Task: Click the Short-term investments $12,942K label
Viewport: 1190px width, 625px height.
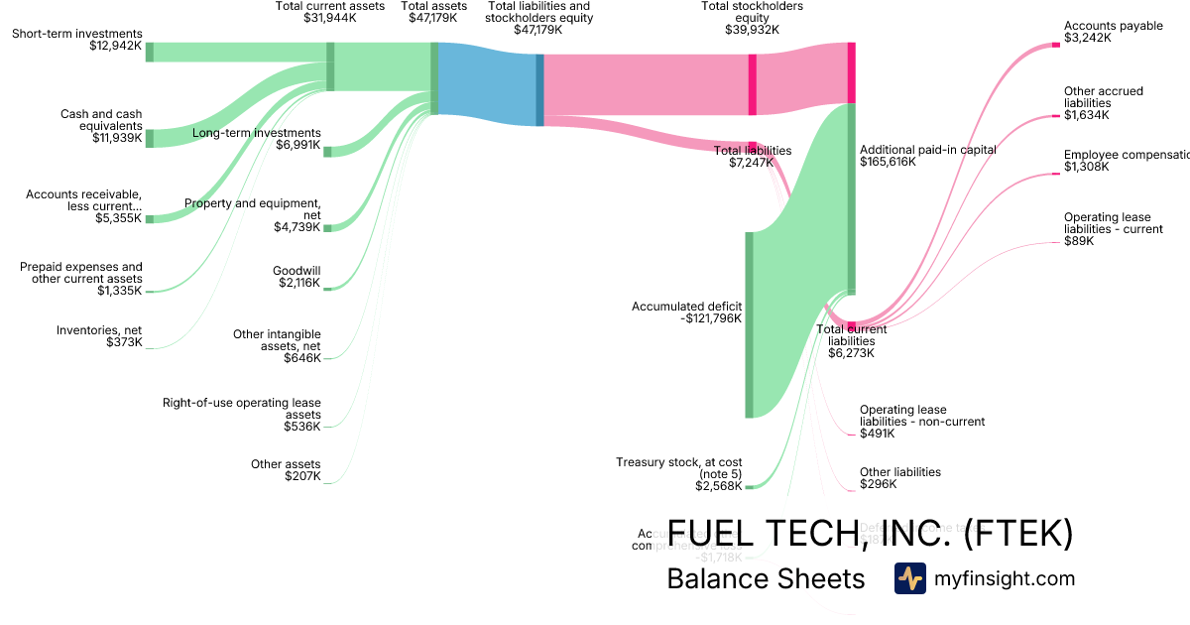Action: [77, 40]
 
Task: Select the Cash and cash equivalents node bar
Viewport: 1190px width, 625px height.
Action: [150, 138]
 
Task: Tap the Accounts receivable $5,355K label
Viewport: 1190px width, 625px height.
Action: [84, 206]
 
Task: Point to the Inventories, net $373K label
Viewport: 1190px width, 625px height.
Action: [99, 336]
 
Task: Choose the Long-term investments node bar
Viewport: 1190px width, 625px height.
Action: [328, 151]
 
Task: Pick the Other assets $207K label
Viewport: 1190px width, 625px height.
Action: [286, 470]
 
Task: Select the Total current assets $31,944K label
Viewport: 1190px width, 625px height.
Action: [329, 12]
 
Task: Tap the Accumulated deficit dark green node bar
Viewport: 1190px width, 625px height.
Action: [750, 324]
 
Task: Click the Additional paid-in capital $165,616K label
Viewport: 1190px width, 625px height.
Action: [927, 156]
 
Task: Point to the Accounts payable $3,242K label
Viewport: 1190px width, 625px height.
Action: [1113, 33]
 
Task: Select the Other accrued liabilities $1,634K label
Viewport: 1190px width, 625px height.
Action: [1103, 103]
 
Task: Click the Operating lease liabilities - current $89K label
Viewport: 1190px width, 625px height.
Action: [1113, 229]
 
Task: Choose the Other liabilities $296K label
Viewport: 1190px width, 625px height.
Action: [899, 478]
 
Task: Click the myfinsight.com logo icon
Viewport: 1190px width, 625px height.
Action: [909, 578]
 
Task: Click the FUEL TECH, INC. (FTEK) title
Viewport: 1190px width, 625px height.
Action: [870, 534]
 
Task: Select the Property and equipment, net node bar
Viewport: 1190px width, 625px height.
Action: [328, 227]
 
